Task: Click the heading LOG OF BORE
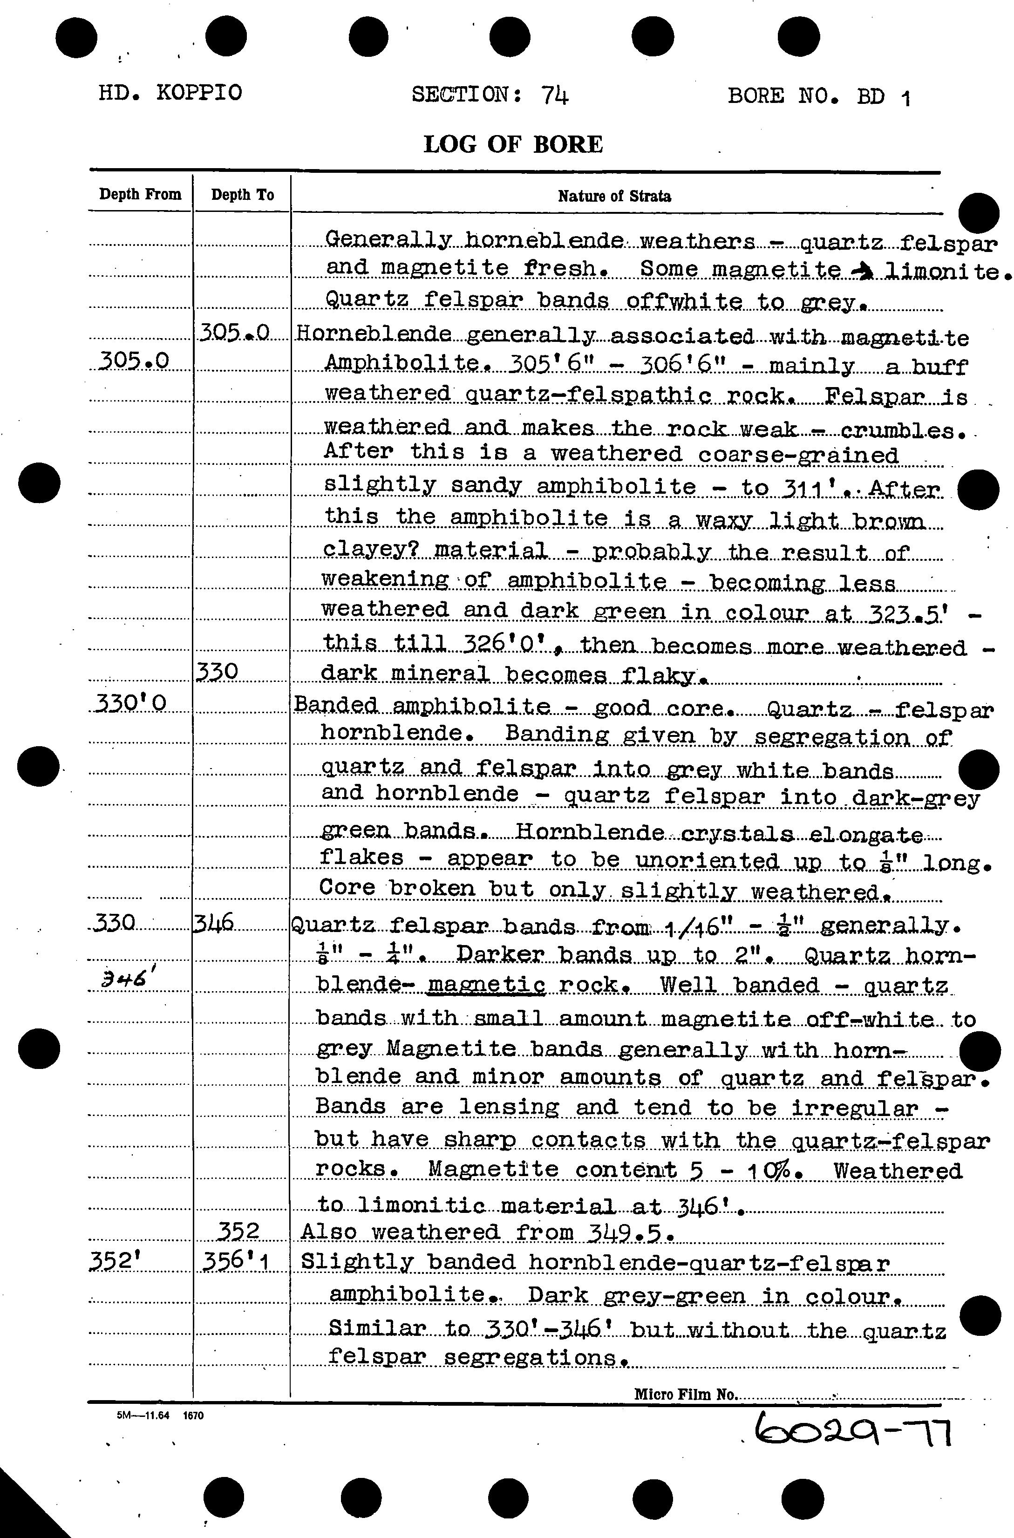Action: click(x=513, y=143)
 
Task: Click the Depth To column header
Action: click(x=243, y=195)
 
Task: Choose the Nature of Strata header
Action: click(x=614, y=197)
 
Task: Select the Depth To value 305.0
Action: click(x=234, y=333)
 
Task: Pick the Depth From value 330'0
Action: click(x=130, y=703)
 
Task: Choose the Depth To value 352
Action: click(x=238, y=1232)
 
